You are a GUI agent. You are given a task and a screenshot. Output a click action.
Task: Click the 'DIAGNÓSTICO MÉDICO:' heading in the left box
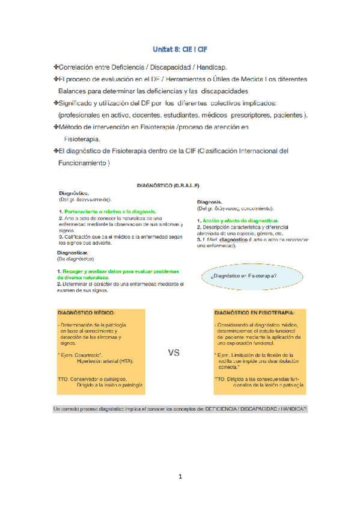tap(87, 313)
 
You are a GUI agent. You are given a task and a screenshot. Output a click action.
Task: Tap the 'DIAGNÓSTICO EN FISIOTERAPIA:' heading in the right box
tap(254, 313)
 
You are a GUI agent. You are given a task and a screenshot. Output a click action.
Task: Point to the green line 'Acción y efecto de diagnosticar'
tap(239, 221)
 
